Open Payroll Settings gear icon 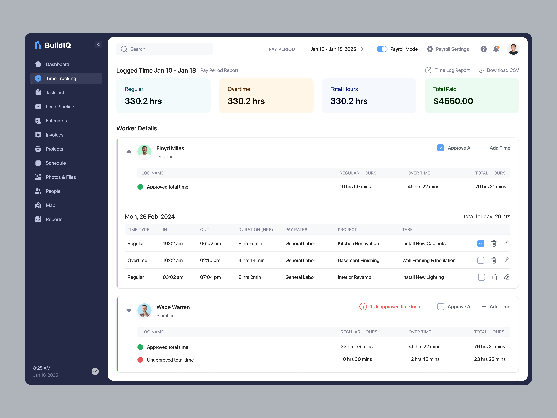[430, 49]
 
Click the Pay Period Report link [219, 70]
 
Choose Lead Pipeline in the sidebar [60, 107]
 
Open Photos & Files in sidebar [61, 177]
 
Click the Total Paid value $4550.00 [453, 101]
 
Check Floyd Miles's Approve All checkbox [440, 148]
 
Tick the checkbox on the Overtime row [480, 260]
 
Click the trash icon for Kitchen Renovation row [494, 243]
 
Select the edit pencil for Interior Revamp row [507, 277]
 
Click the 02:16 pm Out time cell [210, 260]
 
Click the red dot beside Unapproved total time [140, 360]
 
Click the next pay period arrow [362, 49]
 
